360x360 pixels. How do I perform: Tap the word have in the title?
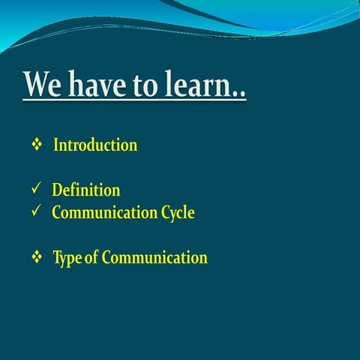click(x=100, y=85)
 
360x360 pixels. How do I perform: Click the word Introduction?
click(x=95, y=145)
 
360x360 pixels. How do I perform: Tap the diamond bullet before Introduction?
click(x=36, y=145)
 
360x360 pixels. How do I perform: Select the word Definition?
click(x=85, y=190)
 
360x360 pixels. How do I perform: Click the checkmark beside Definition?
click(x=35, y=190)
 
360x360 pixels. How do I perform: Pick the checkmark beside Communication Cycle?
click(x=35, y=212)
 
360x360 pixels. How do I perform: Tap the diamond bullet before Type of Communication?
click(x=36, y=257)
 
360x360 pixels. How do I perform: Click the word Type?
click(x=67, y=259)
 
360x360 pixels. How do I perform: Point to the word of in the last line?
click(x=92, y=258)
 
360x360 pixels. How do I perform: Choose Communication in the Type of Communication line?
click(x=154, y=258)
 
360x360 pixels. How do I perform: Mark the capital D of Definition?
click(x=57, y=190)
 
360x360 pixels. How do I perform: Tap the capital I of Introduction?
click(x=56, y=145)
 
